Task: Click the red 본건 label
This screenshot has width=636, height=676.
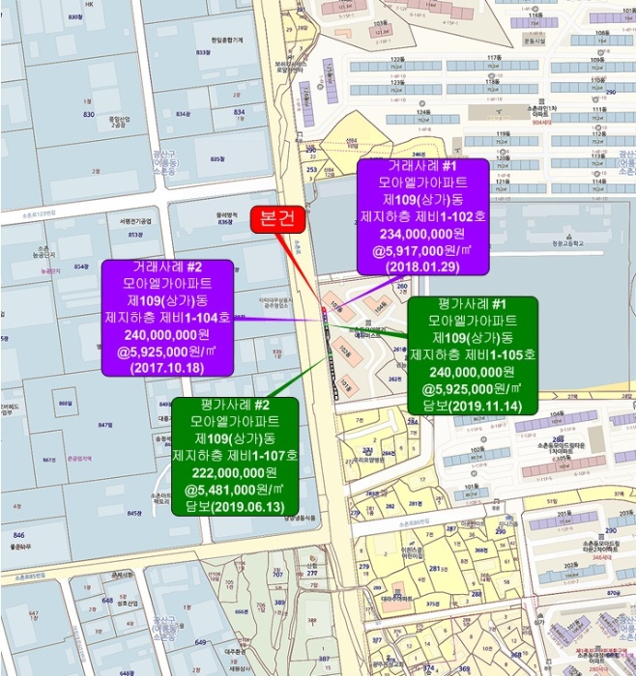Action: pyautogui.click(x=278, y=220)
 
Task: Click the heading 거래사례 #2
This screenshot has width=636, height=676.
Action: pyautogui.click(x=168, y=268)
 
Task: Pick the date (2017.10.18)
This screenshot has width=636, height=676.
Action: pyautogui.click(x=168, y=367)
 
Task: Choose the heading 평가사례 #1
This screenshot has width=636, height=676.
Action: pyautogui.click(x=472, y=304)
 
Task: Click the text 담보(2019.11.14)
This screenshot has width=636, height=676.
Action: pyautogui.click(x=472, y=407)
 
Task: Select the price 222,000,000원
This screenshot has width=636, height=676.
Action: pyautogui.click(x=234, y=471)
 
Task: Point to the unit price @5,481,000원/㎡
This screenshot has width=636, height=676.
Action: pyautogui.click(x=234, y=489)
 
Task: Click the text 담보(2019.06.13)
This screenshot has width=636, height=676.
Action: pyautogui.click(x=234, y=505)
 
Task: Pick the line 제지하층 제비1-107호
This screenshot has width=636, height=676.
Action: pyautogui.click(x=234, y=455)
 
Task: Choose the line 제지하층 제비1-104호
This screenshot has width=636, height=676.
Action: pyautogui.click(x=168, y=317)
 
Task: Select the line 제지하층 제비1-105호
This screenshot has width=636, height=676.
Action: pyautogui.click(x=472, y=354)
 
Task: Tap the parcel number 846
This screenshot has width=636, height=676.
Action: pyautogui.click(x=18, y=534)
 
